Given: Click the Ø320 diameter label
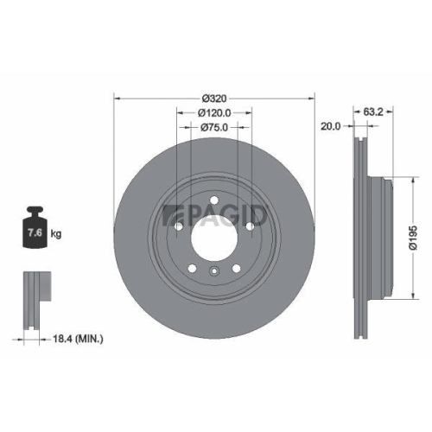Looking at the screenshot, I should pyautogui.click(x=214, y=97).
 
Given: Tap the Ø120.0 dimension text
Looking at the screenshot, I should pyautogui.click(x=214, y=112).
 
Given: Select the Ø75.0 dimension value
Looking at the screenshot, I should pyautogui.click(x=214, y=128).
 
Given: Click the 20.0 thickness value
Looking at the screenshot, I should pyautogui.click(x=329, y=126).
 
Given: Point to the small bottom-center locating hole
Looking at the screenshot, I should pyautogui.click(x=213, y=276).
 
